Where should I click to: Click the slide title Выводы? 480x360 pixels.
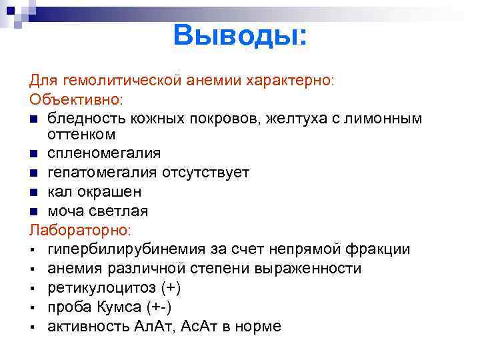click(241, 35)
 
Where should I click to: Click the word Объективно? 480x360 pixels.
click(75, 99)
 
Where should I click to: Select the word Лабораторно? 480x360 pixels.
click(81, 230)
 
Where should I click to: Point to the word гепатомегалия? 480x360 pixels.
click(103, 173)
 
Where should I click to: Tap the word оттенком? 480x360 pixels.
click(82, 135)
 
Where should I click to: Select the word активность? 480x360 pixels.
click(88, 327)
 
